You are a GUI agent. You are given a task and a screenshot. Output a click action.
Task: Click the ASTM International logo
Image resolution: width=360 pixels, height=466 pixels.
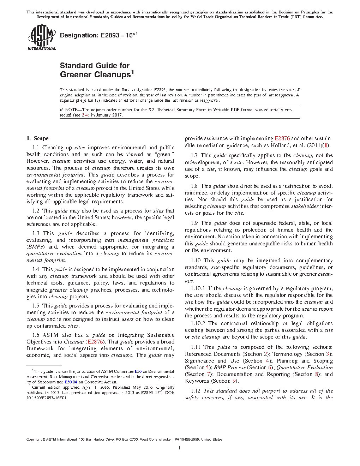click(x=42, y=37)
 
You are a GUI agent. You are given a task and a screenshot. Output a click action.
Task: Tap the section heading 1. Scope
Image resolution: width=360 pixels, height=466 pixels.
click(x=37, y=138)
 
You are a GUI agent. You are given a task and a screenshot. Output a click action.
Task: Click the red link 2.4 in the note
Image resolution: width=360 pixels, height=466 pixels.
click(x=85, y=115)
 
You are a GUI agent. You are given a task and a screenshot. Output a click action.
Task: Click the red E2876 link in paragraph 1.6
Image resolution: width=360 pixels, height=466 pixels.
click(x=95, y=342)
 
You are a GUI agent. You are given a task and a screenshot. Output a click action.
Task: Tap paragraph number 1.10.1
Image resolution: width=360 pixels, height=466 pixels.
click(x=198, y=288)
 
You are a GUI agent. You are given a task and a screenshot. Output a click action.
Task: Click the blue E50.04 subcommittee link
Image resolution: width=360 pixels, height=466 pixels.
click(x=71, y=382)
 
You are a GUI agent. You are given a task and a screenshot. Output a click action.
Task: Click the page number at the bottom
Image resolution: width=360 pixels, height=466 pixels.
click(x=180, y=448)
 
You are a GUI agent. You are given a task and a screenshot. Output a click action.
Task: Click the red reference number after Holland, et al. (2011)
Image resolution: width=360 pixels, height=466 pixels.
click(x=327, y=145)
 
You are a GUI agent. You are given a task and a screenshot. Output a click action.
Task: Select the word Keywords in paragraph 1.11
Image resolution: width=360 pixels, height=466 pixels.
click(x=197, y=381)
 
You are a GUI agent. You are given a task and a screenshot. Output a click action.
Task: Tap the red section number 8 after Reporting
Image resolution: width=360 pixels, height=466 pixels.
click(x=317, y=374)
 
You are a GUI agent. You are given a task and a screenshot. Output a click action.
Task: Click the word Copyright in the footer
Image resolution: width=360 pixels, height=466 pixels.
click(x=34, y=440)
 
